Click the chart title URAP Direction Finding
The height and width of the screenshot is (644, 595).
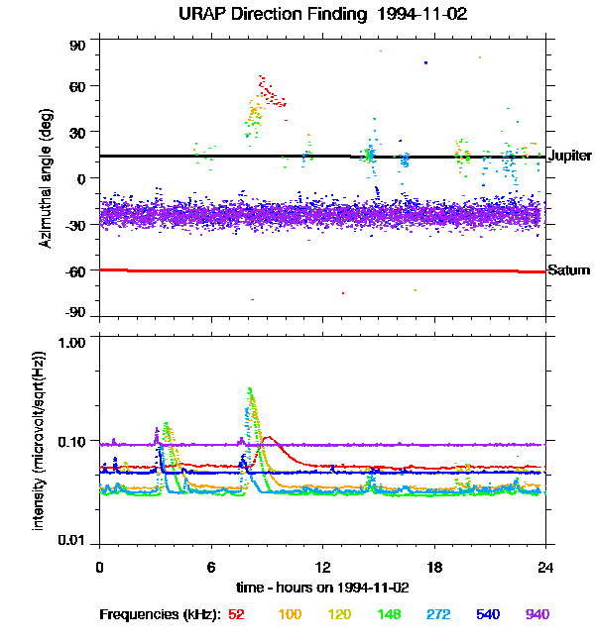tap(297, 15)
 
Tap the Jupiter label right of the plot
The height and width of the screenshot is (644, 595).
tap(569, 157)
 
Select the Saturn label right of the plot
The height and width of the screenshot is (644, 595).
tap(568, 270)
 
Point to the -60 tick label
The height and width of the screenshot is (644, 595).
tap(75, 270)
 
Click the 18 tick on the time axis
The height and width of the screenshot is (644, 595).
tap(434, 567)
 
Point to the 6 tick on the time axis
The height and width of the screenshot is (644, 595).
tap(211, 567)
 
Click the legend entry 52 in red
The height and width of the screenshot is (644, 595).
tap(237, 614)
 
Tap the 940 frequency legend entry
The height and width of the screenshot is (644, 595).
tap(536, 614)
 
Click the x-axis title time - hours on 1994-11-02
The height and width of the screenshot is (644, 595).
tap(322, 588)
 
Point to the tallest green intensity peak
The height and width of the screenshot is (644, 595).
tap(250, 389)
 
